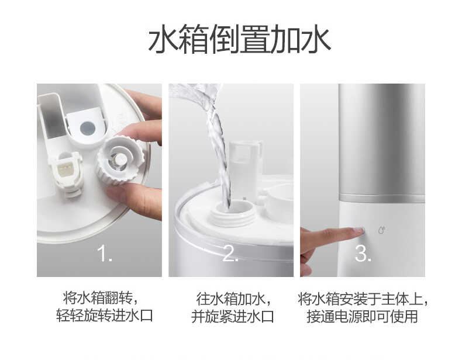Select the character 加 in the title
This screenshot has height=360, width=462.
pyautogui.click(x=284, y=40)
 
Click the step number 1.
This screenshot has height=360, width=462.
pyautogui.click(x=104, y=254)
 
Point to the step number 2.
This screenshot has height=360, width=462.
pyautogui.click(x=230, y=254)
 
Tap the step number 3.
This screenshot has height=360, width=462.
pyautogui.click(x=363, y=254)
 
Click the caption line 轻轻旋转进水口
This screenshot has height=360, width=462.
pyautogui.click(x=100, y=317)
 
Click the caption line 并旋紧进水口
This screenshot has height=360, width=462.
pyautogui.click(x=232, y=317)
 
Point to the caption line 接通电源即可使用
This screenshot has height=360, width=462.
pyautogui.click(x=363, y=317)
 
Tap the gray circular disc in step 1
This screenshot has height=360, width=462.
pyautogui.click(x=87, y=128)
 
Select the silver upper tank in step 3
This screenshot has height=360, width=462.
pyautogui.click(x=381, y=140)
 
